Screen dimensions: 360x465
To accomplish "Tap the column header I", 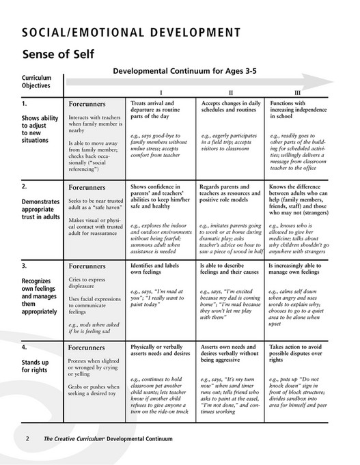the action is [x=161, y=91].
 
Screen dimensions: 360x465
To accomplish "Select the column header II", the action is [x=230, y=91].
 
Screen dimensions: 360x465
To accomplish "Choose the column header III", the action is [x=296, y=91].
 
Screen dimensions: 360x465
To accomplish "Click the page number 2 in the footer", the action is [x=27, y=438].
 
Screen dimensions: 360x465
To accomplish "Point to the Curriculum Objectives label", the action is [x=37, y=83].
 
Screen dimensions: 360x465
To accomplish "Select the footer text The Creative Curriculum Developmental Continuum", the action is [x=109, y=438].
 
